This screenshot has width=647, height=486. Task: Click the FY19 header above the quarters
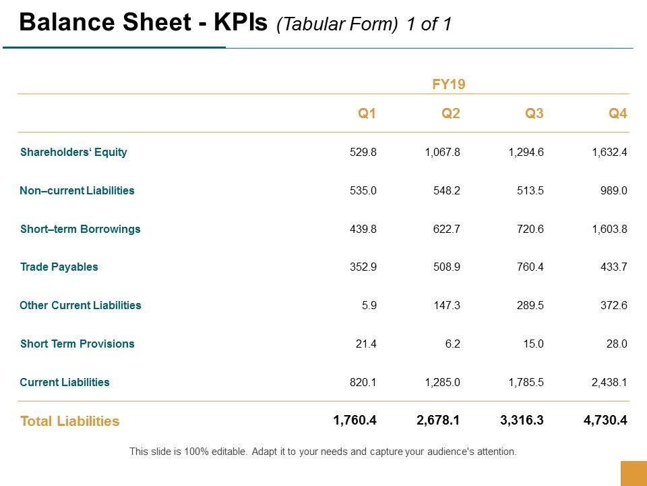[x=449, y=84]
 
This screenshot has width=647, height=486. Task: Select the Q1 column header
[x=367, y=113]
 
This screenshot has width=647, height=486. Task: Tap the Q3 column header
[x=534, y=113]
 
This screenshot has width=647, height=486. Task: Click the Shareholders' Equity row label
[x=73, y=152]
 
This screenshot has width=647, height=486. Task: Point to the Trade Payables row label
[x=59, y=267]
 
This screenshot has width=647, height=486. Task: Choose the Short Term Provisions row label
[x=77, y=344]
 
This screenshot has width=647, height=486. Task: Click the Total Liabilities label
[x=69, y=421]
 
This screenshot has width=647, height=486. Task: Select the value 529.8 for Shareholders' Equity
[x=363, y=152]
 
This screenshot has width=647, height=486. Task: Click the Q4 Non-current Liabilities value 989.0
[x=614, y=190]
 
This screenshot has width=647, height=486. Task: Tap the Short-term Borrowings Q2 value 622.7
[x=446, y=229]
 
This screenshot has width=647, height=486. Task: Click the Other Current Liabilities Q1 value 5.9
[x=369, y=305]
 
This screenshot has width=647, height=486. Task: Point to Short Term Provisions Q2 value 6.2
[x=453, y=344]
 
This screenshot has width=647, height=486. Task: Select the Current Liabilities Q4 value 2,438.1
[x=609, y=382]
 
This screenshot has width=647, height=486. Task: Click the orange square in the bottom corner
[x=633, y=473]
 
